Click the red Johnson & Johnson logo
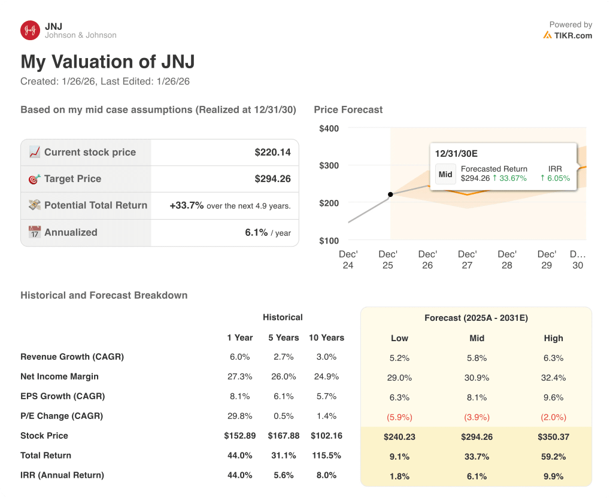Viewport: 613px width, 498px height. [x=30, y=31]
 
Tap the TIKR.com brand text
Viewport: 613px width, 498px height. [x=572, y=35]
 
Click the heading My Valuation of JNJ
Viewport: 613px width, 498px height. [x=108, y=62]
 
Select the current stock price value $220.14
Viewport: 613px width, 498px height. [x=272, y=153]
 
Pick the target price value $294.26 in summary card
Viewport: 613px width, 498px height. [x=272, y=179]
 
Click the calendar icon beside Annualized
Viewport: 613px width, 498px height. [x=35, y=232]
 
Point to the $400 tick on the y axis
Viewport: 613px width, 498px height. [x=329, y=129]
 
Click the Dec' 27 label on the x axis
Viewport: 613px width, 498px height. [x=467, y=260]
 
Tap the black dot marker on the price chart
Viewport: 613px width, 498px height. [x=390, y=195]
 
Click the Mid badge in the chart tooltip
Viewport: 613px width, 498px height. [x=445, y=174]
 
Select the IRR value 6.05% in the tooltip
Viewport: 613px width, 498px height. [x=555, y=178]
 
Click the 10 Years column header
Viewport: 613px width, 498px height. [x=326, y=338]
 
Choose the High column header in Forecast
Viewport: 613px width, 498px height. [x=553, y=338]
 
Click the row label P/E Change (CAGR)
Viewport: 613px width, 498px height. [x=62, y=416]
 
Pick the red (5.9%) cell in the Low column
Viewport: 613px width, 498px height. [x=399, y=417]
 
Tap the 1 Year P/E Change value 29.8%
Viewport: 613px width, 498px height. [x=239, y=416]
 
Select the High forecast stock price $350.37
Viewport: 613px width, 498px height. [x=553, y=437]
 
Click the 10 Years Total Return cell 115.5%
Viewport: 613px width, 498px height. [x=326, y=456]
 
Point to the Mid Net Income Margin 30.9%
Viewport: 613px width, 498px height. [x=477, y=378]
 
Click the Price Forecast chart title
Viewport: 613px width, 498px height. [x=348, y=110]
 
